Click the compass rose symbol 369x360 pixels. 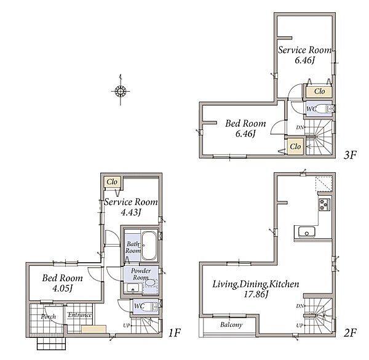tap(121, 90)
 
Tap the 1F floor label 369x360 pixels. tap(174, 333)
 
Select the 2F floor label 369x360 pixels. tap(350, 333)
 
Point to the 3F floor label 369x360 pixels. tap(350, 155)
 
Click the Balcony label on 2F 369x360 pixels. tap(231, 325)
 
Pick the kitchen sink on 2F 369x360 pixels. tap(307, 232)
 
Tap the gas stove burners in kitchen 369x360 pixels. tap(324, 204)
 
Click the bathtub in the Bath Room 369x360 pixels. tap(149, 246)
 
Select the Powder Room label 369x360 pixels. tap(141, 274)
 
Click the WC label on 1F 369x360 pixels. tap(139, 306)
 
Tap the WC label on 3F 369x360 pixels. tap(311, 109)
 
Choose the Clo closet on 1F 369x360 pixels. tap(113, 182)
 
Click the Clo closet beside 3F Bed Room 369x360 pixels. tap(295, 146)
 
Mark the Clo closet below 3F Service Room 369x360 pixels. tap(319, 91)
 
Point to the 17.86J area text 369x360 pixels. tap(256, 294)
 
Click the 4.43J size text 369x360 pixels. tap(131, 212)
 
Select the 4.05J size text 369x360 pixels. tap(62, 288)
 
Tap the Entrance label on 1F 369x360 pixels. tap(79, 315)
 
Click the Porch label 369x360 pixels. tap(49, 317)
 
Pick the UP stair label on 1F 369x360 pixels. tap(126, 326)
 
